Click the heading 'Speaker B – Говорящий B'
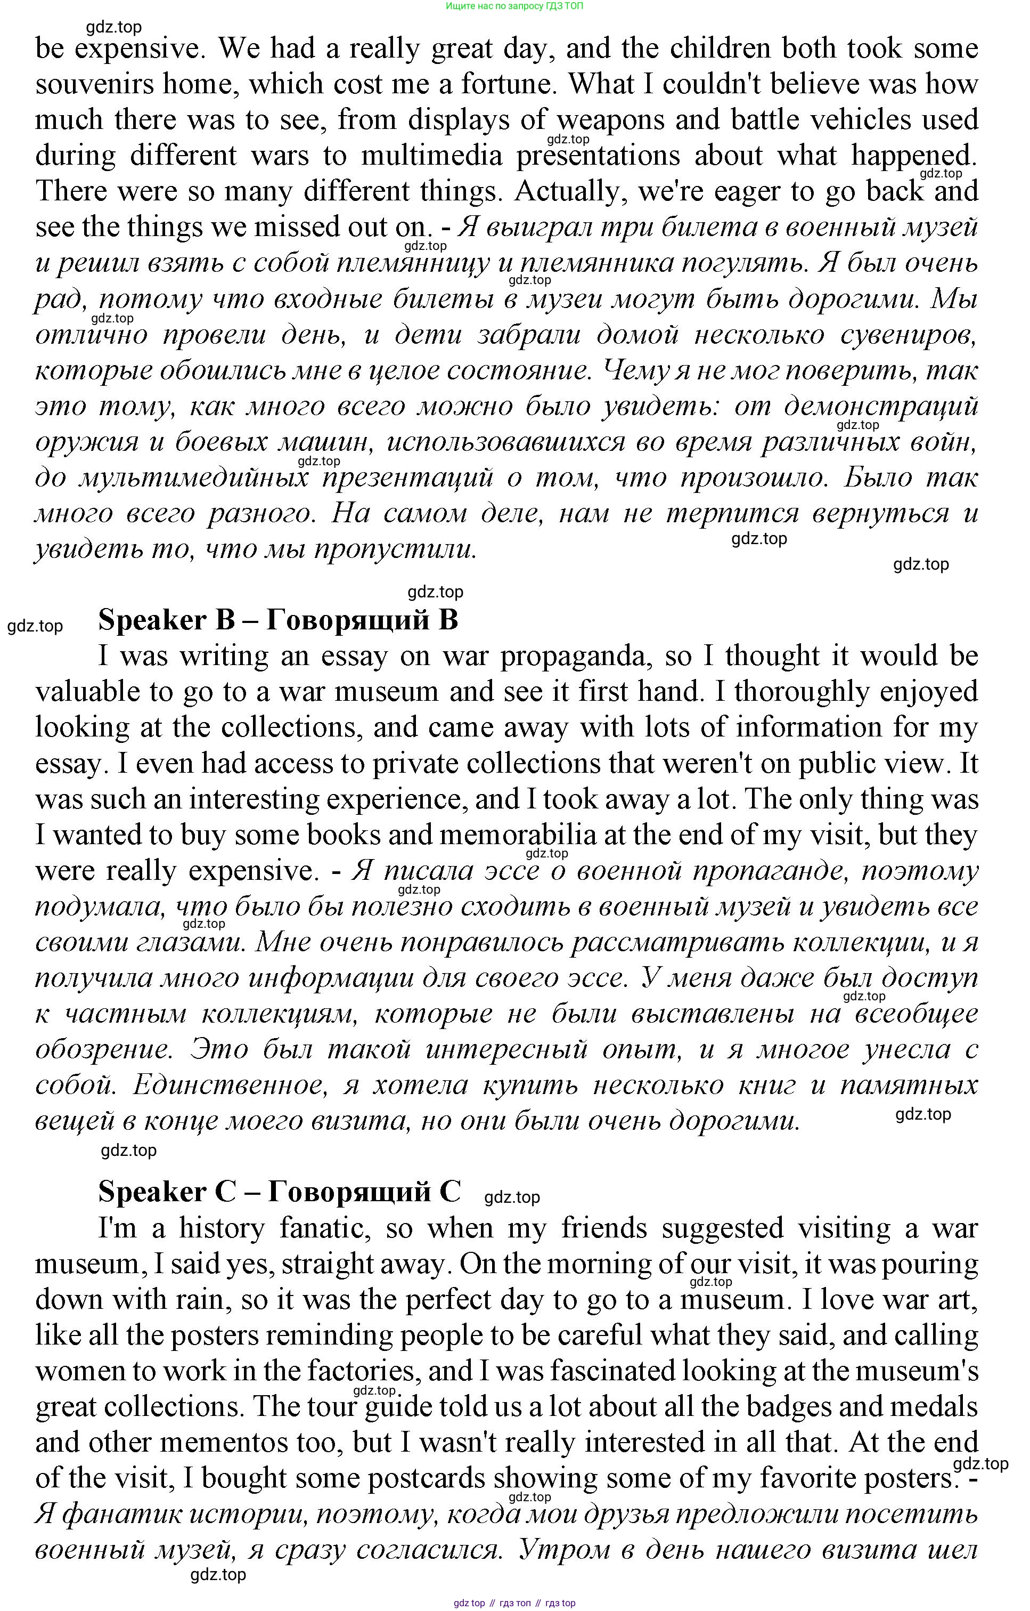point(278,620)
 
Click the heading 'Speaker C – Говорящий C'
point(280,1192)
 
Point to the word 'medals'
point(936,1407)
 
